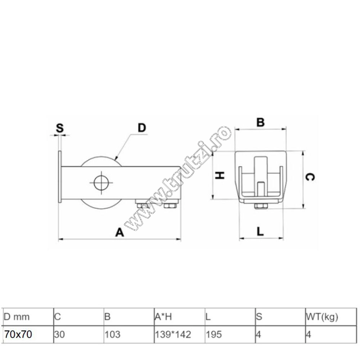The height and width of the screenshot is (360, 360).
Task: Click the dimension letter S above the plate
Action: tap(60, 128)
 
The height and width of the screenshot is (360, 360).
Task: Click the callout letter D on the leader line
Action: tap(142, 128)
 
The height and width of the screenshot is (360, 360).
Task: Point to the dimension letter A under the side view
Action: tap(120, 232)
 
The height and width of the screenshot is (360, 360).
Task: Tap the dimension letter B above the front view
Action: tap(260, 122)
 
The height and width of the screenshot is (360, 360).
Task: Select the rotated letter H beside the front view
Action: tap(220, 176)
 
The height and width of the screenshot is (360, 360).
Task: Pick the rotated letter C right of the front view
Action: tap(310, 177)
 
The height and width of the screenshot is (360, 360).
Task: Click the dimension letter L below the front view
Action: tap(260, 231)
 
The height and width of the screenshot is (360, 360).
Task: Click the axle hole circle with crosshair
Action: tap(101, 183)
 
